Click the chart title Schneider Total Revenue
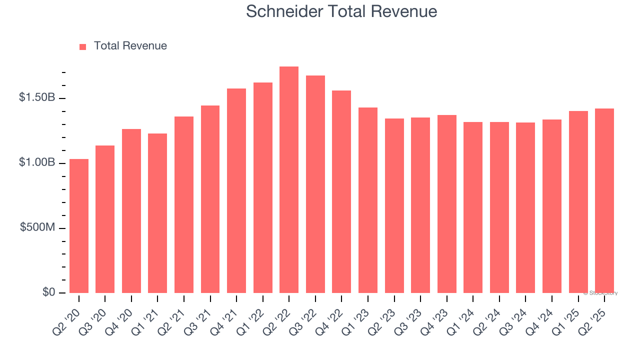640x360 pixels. tap(341, 11)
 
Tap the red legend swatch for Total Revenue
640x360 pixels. tap(83, 46)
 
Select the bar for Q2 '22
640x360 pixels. tap(289, 179)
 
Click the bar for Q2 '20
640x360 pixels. tap(79, 226)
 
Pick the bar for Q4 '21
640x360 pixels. tap(236, 190)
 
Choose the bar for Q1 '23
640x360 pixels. tap(368, 200)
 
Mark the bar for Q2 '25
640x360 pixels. tap(604, 200)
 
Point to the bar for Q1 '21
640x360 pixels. tap(157, 213)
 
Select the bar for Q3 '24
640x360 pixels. tap(525, 207)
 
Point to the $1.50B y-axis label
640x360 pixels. tap(37, 97)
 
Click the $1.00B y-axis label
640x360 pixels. tap(37, 162)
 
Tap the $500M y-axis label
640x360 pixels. tap(37, 227)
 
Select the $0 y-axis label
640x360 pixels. tap(48, 292)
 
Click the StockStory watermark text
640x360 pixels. tap(600, 293)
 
